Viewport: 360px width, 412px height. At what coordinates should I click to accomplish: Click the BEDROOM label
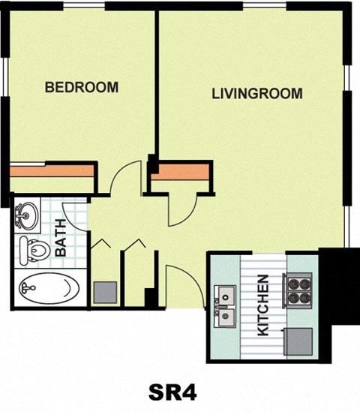click(82, 87)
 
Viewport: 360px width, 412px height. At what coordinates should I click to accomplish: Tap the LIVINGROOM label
click(257, 94)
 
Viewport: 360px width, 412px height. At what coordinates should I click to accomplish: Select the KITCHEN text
click(263, 305)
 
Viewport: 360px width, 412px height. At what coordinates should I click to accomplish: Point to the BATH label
click(61, 238)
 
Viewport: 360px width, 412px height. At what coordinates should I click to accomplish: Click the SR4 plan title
click(172, 392)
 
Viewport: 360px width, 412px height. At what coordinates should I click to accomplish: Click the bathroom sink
click(27, 215)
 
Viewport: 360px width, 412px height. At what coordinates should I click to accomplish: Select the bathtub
click(49, 287)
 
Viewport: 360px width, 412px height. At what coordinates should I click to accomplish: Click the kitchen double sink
click(225, 306)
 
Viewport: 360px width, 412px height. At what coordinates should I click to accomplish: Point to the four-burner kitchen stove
click(298, 290)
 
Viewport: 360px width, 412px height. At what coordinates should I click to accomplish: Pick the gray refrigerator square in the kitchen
click(299, 342)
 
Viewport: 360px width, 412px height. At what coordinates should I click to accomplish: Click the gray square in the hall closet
click(105, 292)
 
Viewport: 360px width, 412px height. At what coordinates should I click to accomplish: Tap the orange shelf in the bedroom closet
click(52, 171)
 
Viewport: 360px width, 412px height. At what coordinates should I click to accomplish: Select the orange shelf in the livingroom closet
click(180, 172)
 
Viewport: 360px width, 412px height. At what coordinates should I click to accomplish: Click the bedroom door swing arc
click(121, 173)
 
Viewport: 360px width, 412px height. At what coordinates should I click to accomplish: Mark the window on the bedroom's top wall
click(84, 5)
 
